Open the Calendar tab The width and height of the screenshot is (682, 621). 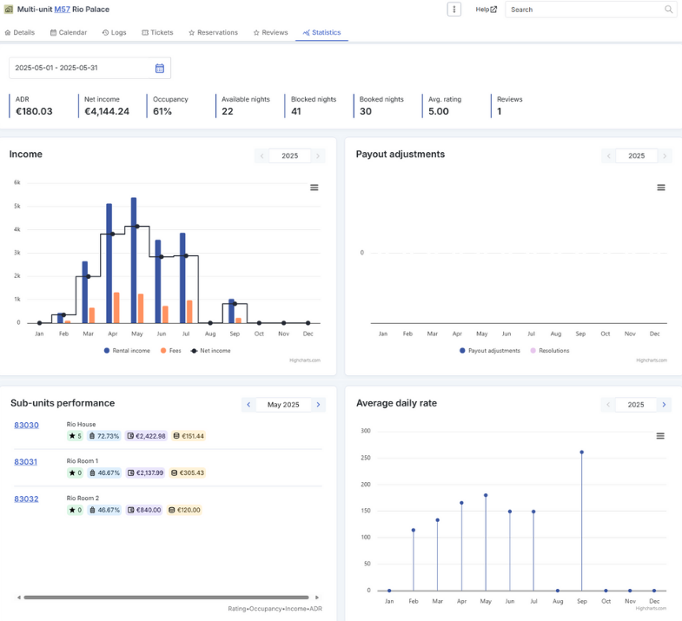[69, 33]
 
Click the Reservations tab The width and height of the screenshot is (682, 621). [213, 33]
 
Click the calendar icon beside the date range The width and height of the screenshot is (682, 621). [160, 69]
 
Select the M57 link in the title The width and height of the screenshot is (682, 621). [63, 10]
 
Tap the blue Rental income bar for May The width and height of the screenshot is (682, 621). [134, 260]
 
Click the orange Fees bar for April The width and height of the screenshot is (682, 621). [116, 307]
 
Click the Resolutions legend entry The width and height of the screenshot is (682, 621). [550, 351]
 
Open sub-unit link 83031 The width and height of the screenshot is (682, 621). [26, 462]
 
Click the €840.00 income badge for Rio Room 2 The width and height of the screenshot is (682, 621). [144, 510]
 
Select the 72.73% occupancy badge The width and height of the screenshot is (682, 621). [104, 436]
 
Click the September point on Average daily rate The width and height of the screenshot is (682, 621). [581, 453]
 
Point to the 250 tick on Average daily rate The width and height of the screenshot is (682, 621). [366, 458]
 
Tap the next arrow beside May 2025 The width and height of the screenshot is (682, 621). [318, 405]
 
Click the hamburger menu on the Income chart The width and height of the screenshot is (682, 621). [314, 188]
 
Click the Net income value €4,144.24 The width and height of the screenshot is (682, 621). [107, 111]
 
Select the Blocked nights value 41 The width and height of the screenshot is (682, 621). [296, 111]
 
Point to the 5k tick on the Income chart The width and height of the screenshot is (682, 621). [17, 206]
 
